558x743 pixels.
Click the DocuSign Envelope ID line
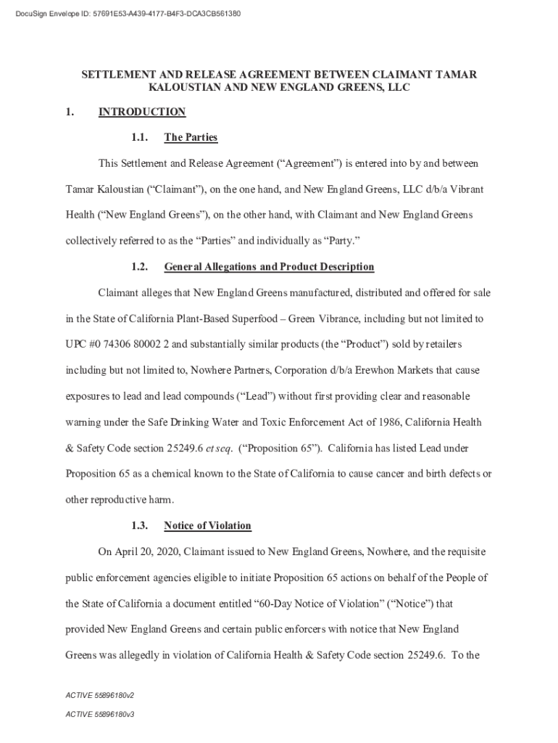tap(125, 14)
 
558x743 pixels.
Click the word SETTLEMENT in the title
tap(117, 75)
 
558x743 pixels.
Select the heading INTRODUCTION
tap(142, 112)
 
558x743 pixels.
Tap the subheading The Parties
tap(191, 137)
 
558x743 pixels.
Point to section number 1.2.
tap(141, 267)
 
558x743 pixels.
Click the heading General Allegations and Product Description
tap(269, 267)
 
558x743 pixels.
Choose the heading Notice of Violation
tap(207, 526)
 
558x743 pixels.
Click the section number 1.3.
tap(141, 526)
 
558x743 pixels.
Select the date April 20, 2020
tap(147, 552)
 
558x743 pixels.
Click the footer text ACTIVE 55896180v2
tap(100, 695)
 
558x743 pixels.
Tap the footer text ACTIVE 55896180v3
tap(100, 714)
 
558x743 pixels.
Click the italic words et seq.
tap(219, 448)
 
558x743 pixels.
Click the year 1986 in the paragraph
tap(388, 422)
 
